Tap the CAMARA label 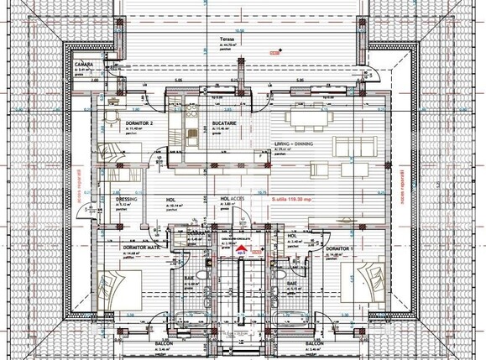point(106,63)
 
